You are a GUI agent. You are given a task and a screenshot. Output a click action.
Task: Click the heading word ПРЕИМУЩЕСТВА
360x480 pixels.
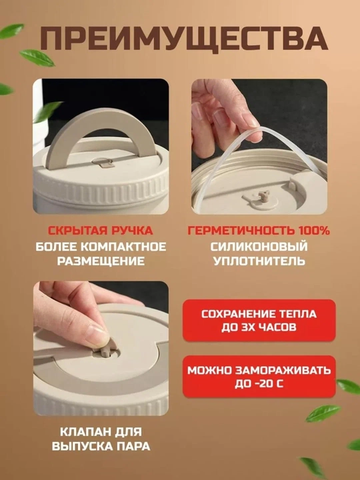[x=184, y=39]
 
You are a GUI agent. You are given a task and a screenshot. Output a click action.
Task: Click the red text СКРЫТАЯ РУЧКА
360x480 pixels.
[x=100, y=231]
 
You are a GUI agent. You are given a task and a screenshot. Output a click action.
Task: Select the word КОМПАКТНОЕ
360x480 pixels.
[x=124, y=247]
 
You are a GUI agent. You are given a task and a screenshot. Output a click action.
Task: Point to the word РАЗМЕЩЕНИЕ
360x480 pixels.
[x=101, y=261]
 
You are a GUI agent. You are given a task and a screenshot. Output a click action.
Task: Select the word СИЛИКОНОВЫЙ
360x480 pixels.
[x=259, y=247]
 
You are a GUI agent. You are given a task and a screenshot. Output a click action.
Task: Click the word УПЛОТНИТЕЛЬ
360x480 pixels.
[x=259, y=261]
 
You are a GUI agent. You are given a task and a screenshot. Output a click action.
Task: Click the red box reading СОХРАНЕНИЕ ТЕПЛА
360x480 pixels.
[x=259, y=320]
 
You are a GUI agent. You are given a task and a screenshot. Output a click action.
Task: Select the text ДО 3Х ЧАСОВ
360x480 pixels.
[x=259, y=327]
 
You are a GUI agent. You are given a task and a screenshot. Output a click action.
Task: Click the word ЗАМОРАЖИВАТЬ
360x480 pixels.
[x=283, y=371]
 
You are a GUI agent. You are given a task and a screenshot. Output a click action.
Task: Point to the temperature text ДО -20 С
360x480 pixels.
[x=259, y=383]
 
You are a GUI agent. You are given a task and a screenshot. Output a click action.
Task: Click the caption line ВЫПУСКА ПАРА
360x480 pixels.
[x=101, y=446]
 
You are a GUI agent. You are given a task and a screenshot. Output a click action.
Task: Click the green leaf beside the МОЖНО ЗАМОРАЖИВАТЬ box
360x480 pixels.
[x=349, y=386]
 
